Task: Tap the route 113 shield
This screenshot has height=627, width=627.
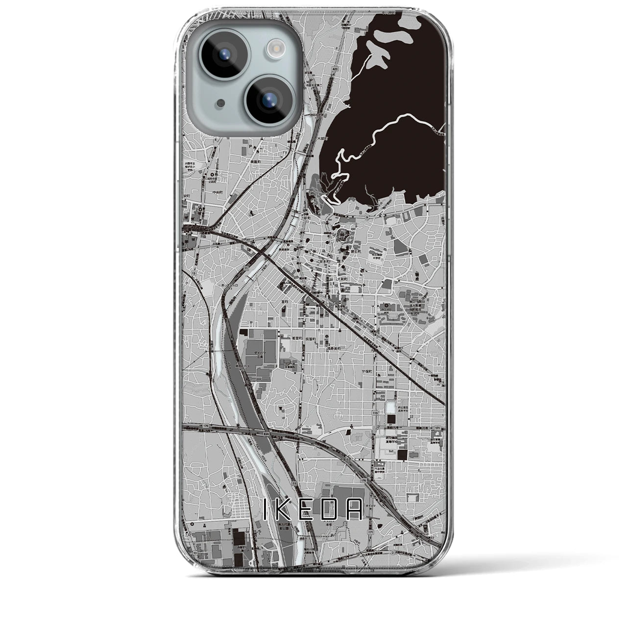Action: click(x=375, y=413)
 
